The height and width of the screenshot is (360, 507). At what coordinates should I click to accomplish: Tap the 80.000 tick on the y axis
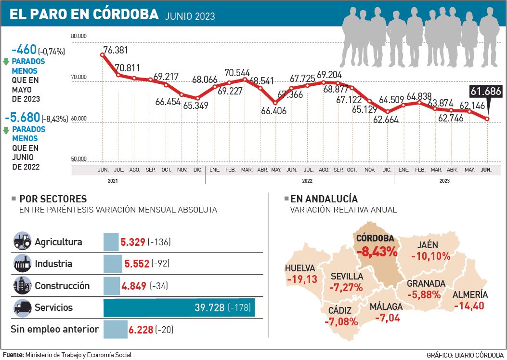click(78, 36)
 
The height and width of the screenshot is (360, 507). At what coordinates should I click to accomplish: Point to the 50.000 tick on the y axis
click(78, 159)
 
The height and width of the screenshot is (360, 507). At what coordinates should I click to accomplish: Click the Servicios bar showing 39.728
click(179, 308)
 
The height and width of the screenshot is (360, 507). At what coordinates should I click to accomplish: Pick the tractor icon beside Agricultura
click(22, 242)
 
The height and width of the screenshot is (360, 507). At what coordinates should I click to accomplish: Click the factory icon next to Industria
click(22, 264)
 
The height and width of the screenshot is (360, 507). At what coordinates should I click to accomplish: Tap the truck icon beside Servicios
click(22, 307)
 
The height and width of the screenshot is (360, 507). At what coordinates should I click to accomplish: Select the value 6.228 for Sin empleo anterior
click(141, 330)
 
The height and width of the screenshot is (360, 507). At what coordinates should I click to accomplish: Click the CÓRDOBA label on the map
click(375, 238)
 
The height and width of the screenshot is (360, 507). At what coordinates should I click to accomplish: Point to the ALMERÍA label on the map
click(470, 294)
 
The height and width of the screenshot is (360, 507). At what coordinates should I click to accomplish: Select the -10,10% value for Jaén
click(430, 256)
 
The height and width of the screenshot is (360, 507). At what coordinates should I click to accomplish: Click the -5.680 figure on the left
click(22, 118)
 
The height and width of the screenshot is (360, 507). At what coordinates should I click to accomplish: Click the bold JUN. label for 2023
click(487, 170)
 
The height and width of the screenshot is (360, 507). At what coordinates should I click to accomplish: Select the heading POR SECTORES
click(53, 199)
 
